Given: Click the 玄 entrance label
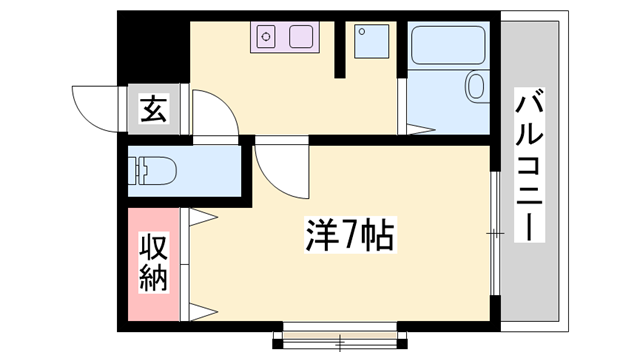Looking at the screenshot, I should [153, 107].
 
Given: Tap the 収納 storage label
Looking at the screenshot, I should [153, 262].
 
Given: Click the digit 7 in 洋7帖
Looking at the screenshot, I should [349, 237].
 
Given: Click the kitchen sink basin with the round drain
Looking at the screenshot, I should [268, 38].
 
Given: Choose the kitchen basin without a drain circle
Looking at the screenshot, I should [300, 38].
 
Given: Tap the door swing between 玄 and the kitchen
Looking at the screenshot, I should [216, 112].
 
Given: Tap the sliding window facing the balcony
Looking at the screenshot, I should [494, 233].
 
